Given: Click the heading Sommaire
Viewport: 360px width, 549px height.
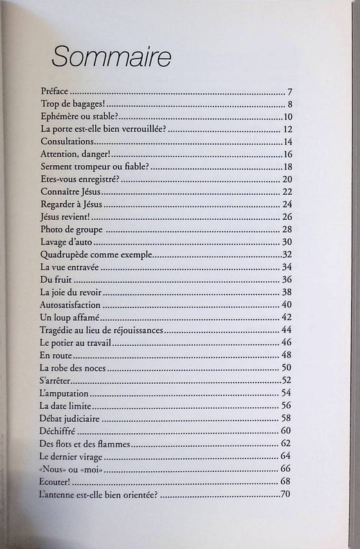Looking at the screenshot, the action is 111,57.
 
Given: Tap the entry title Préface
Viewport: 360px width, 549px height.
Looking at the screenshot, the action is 55,92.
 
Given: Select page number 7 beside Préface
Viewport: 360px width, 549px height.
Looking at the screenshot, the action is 290,92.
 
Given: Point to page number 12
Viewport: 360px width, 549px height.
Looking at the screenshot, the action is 287,129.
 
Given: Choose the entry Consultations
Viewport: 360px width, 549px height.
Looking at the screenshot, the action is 67,141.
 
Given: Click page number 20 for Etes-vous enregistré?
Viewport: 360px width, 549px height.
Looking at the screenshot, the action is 287,179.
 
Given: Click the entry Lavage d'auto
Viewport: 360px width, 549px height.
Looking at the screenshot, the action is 66,242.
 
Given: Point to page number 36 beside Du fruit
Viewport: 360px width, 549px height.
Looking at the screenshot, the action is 287,279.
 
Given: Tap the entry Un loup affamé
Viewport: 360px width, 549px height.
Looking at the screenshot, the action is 68,317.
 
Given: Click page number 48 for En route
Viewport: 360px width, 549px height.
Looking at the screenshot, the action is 287,355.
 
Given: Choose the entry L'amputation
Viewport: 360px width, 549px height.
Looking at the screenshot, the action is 64,393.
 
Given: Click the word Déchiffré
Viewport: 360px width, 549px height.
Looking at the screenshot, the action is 58,430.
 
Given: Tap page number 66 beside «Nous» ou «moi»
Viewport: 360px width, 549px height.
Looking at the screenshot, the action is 286,468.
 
